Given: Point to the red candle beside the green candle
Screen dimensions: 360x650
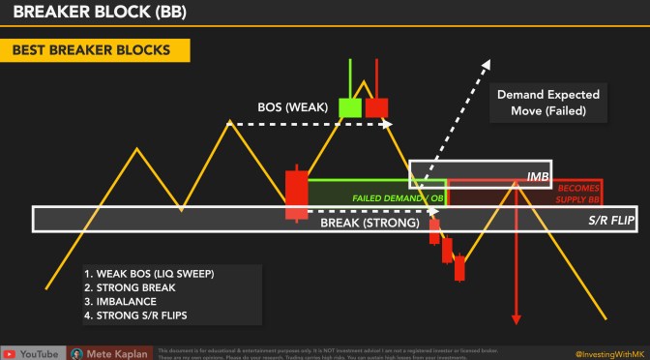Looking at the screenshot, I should (x=375, y=106).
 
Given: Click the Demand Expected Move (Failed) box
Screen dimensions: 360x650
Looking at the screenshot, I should (x=547, y=104).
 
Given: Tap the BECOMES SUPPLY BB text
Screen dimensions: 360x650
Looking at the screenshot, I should (x=579, y=194).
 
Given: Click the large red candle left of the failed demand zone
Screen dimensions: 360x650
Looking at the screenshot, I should (x=295, y=193).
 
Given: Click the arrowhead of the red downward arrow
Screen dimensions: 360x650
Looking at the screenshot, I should (x=517, y=318).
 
